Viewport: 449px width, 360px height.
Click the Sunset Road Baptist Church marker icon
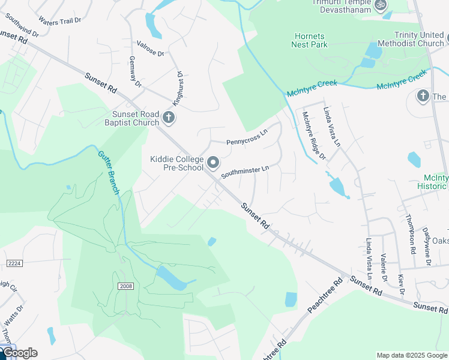(x=169, y=118)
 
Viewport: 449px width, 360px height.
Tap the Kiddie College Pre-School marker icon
(x=213, y=163)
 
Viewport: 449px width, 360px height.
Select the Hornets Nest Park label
(x=309, y=40)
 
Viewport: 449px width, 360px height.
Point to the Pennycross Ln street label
(x=246, y=142)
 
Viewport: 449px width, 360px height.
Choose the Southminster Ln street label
(x=244, y=172)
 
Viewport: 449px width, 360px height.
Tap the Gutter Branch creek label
(x=109, y=172)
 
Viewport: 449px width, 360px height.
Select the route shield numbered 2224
(x=14, y=263)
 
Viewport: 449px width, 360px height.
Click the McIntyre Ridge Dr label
(x=313, y=136)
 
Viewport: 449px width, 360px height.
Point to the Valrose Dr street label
(x=151, y=49)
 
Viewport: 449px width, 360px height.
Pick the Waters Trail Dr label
(x=59, y=20)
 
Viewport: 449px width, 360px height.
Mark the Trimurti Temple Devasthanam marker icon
(x=380, y=5)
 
